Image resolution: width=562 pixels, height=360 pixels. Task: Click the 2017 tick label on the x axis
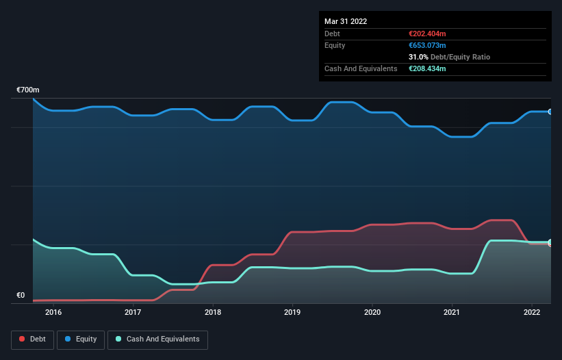point(133,312)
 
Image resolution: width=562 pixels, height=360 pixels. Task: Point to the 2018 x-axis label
point(213,312)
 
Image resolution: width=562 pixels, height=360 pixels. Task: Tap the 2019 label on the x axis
point(292,312)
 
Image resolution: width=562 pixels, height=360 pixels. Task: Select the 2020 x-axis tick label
point(372,312)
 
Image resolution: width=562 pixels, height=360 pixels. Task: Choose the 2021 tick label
point(452,312)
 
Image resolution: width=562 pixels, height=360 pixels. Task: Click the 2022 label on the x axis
point(531,312)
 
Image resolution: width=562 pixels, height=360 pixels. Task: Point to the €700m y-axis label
point(28,90)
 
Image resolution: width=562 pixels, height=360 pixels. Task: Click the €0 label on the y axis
point(21,296)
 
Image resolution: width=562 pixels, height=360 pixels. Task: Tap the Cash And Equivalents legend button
point(157,339)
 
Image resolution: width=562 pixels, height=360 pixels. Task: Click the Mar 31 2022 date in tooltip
point(346,21)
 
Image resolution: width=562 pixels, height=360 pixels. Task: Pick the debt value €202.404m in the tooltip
point(427,34)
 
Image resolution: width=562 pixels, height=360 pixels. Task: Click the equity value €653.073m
point(427,45)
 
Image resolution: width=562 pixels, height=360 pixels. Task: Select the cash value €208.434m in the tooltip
point(427,68)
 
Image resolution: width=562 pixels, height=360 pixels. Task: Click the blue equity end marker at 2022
point(550,112)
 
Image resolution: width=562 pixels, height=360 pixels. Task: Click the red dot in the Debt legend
point(23,339)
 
